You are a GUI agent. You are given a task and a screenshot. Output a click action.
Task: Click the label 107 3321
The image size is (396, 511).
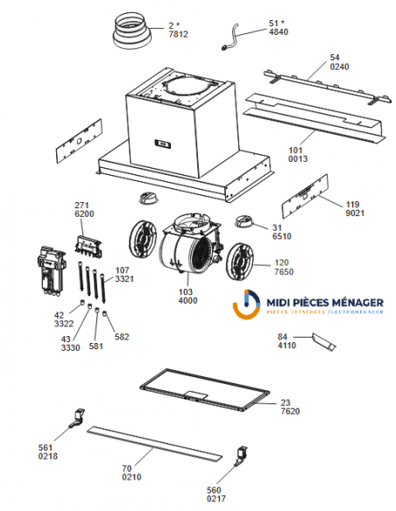(124, 274)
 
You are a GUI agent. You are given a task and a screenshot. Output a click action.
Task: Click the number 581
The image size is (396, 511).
(95, 346)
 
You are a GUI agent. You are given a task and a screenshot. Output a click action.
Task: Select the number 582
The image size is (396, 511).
(121, 336)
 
